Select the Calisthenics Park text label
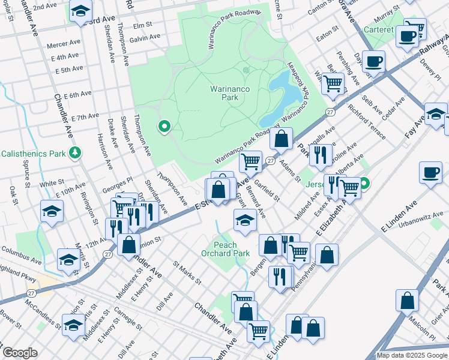(33, 154)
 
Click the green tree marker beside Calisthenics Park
(75, 153)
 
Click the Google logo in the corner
(20, 353)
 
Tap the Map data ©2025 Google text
(411, 355)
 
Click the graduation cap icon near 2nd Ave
(80, 12)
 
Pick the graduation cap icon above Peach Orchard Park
(243, 221)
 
